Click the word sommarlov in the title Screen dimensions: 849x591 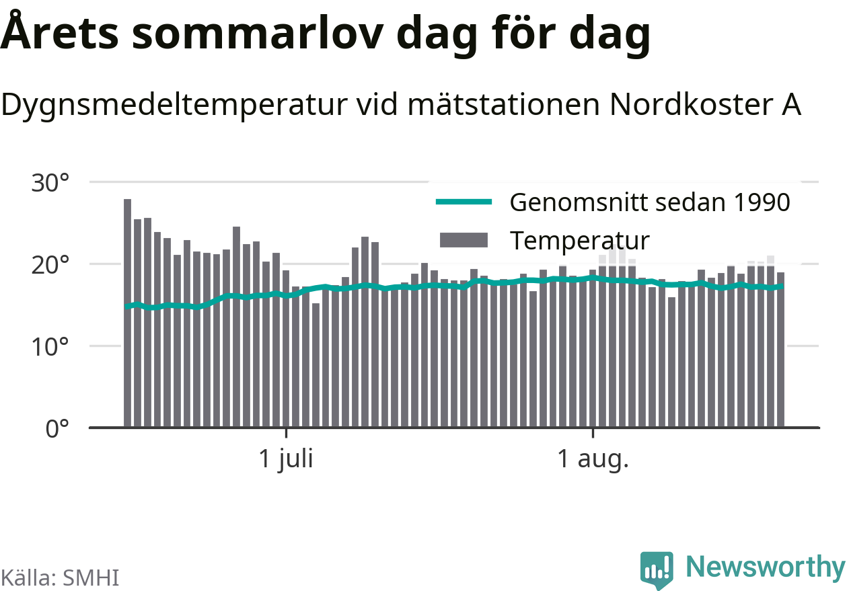[x=258, y=34]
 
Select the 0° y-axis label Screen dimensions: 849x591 [x=57, y=429]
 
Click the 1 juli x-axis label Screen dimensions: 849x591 [x=286, y=460]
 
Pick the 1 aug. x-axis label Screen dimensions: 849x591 [x=593, y=459]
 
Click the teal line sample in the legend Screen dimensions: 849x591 [x=464, y=202]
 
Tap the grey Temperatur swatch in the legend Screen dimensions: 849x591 [x=464, y=240]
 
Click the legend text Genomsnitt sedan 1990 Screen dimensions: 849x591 [x=650, y=202]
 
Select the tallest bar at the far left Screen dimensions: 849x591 [x=127, y=313]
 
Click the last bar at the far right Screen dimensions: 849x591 [x=781, y=350]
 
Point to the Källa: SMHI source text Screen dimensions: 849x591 [x=60, y=578]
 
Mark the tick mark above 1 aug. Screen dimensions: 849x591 [x=593, y=433]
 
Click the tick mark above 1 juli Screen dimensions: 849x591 [x=286, y=433]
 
